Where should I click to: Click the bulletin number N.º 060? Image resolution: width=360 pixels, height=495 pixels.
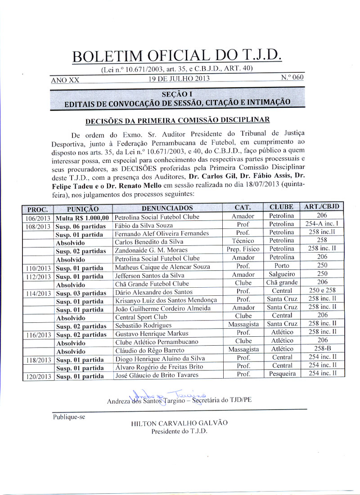(x=292, y=77)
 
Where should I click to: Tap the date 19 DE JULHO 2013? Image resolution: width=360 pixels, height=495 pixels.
(x=179, y=79)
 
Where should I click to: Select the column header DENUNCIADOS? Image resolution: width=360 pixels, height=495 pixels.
(x=167, y=208)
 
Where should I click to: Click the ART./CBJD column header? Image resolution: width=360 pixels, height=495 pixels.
(x=322, y=207)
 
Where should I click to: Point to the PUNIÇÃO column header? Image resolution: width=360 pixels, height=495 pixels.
(x=82, y=209)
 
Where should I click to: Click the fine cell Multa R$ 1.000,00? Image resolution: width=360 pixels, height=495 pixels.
(x=83, y=217)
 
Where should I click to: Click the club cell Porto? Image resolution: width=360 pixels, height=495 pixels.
(x=282, y=265)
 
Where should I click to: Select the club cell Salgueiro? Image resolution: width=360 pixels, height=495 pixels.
(x=282, y=274)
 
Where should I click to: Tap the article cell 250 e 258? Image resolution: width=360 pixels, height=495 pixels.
(x=322, y=290)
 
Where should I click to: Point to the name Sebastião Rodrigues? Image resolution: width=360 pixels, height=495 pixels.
(x=144, y=324)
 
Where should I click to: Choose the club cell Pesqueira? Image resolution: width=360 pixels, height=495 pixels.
(x=282, y=374)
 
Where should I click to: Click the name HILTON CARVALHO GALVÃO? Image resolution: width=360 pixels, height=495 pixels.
(x=179, y=423)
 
